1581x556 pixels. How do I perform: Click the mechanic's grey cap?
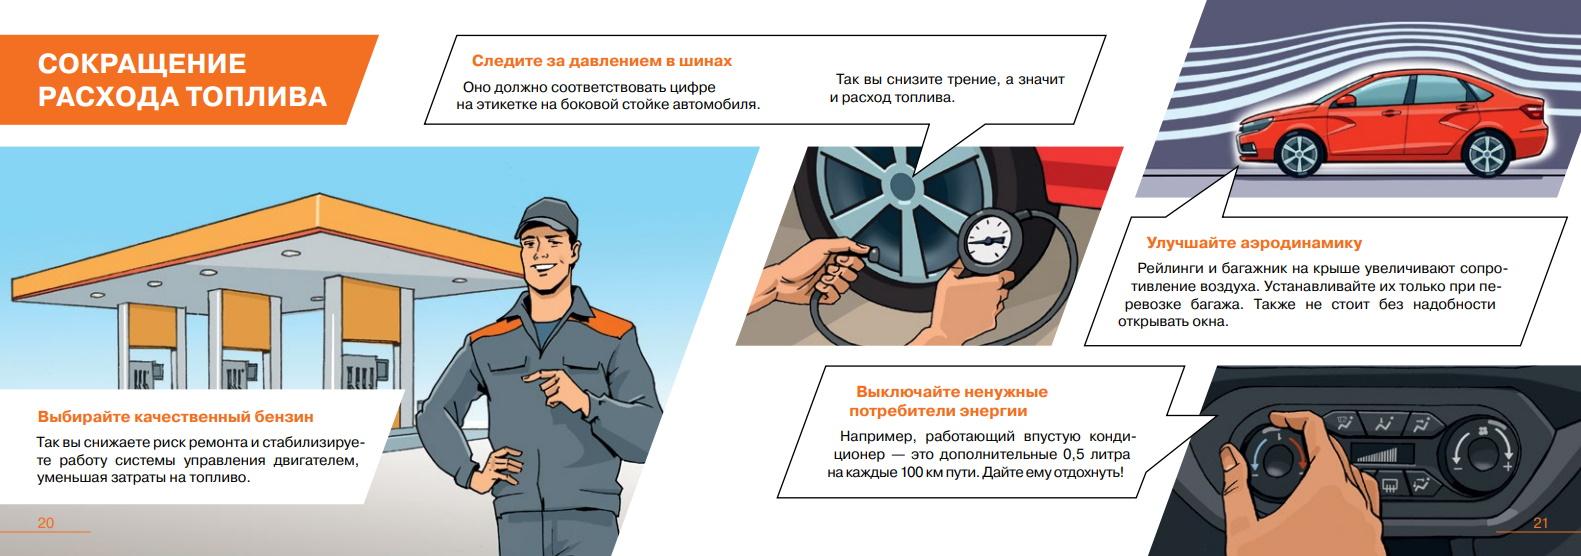[x=547, y=217]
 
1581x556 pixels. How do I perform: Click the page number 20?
[x=45, y=523]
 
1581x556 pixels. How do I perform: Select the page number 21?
[x=1541, y=523]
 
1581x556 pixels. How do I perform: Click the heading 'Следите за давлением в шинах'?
[x=601, y=61]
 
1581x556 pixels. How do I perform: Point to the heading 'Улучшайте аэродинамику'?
[x=1254, y=243]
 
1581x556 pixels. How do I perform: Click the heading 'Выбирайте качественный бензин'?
[x=176, y=416]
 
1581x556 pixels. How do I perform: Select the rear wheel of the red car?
[x=1488, y=153]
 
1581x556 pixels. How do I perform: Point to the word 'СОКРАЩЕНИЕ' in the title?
[x=142, y=64]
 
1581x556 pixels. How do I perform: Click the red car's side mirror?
[x=1343, y=101]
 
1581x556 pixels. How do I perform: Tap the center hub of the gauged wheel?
[x=901, y=186]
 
